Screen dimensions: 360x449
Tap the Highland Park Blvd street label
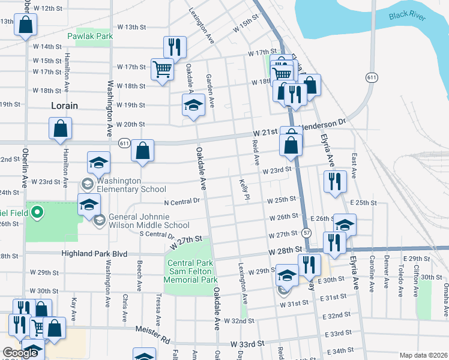(x=95, y=254)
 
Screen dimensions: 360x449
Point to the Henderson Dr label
(x=324, y=122)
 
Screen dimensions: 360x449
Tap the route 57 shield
(x=307, y=232)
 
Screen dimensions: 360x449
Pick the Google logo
(x=20, y=353)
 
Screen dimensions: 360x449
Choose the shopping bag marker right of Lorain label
(x=60, y=128)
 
